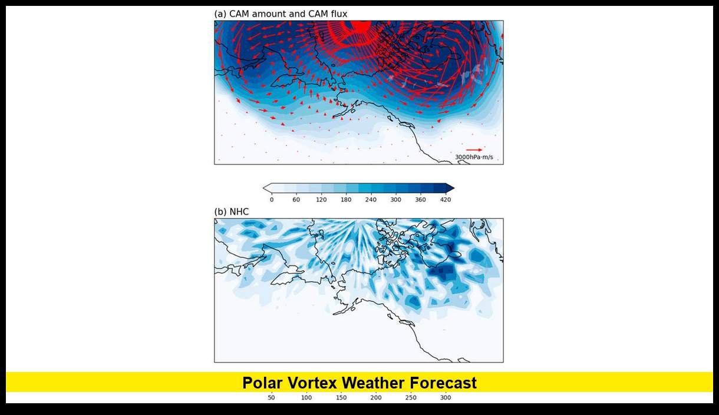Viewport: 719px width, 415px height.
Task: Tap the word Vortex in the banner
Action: pos(312,383)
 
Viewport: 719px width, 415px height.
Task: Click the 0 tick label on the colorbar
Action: pos(272,200)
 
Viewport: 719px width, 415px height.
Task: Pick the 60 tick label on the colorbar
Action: pos(296,200)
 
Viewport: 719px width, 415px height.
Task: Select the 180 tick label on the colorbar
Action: pos(346,200)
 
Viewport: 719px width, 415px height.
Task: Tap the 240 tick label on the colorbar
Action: pos(371,200)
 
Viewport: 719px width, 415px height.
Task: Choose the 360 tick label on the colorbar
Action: pos(420,200)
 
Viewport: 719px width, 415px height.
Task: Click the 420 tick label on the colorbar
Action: pos(445,200)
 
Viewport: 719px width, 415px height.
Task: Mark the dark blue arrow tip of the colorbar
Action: pos(450,188)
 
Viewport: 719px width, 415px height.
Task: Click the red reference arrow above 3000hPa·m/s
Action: pos(474,150)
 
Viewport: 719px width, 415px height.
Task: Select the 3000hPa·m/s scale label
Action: pos(474,157)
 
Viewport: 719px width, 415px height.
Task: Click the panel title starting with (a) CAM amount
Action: pos(281,14)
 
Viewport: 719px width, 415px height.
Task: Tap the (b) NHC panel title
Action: pos(232,211)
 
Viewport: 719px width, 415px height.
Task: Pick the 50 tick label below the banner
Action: pos(271,398)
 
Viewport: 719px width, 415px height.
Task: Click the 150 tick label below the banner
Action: pos(341,398)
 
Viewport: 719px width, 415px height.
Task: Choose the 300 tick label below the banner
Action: pos(446,398)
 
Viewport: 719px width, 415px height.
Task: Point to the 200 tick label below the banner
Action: pos(376,398)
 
